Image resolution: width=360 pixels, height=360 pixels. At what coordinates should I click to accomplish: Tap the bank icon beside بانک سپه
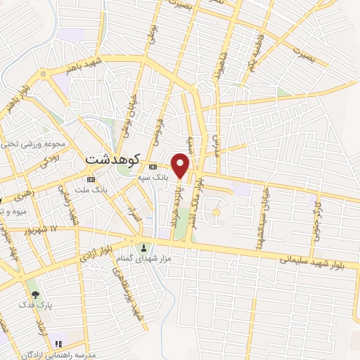[153, 167]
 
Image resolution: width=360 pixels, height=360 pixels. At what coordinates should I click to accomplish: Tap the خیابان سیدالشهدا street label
[265, 198]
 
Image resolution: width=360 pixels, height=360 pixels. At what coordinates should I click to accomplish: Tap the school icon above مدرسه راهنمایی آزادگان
[59, 344]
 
